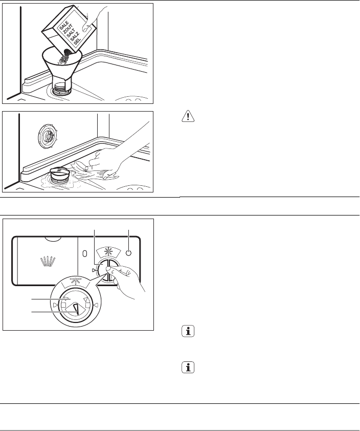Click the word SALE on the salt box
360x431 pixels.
click(64, 25)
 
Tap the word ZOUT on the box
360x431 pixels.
click(68, 29)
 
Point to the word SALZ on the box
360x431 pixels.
click(75, 36)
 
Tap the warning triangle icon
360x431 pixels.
click(188, 116)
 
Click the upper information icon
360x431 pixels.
click(188, 331)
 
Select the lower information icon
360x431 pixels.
click(188, 367)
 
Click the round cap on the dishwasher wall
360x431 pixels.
click(48, 136)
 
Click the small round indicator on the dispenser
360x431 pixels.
click(128, 253)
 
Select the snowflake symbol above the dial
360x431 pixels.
click(108, 252)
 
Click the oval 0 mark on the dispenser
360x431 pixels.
click(84, 253)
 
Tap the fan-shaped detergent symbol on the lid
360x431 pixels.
click(48, 261)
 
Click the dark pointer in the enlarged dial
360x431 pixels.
click(76, 309)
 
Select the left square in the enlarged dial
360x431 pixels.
click(63, 305)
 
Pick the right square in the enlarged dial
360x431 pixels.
click(87, 305)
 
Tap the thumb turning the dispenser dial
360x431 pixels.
click(111, 271)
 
